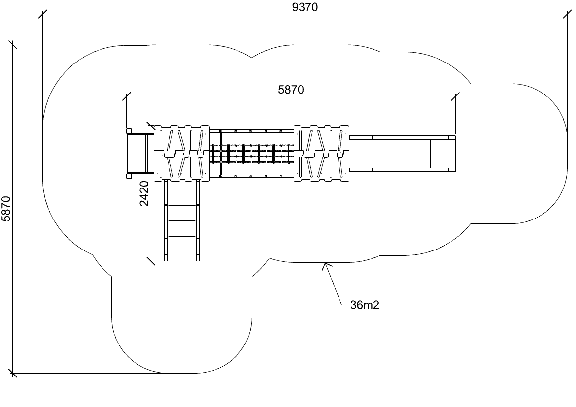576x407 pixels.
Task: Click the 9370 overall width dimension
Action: [x=305, y=7]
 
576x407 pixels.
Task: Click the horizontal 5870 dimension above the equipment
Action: [x=291, y=89]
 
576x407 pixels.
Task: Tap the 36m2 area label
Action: [x=365, y=305]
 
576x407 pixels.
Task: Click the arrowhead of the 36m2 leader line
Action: [x=325, y=265]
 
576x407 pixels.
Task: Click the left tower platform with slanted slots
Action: [x=181, y=153]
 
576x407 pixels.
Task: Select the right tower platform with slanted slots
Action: [x=322, y=153]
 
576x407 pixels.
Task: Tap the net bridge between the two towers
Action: [x=252, y=153]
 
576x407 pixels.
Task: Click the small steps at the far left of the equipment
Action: [x=140, y=153]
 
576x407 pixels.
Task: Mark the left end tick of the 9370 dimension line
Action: [x=43, y=14]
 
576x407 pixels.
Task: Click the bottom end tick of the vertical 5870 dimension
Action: [x=13, y=373]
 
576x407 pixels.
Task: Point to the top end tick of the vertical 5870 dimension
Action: [x=13, y=45]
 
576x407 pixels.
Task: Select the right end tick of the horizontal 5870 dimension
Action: [x=455, y=96]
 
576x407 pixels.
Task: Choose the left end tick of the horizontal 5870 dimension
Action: [x=127, y=96]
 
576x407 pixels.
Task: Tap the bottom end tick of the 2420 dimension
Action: [x=150, y=260]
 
